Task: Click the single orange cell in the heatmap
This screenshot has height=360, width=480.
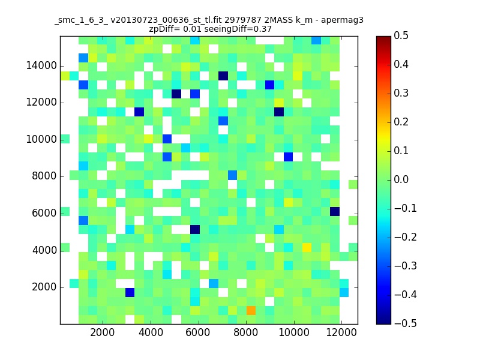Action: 251,310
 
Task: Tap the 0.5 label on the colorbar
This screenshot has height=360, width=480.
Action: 401,35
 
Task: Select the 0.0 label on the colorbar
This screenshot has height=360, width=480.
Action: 401,179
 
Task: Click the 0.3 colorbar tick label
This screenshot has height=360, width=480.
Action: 401,93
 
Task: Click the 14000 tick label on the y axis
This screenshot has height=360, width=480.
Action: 41,65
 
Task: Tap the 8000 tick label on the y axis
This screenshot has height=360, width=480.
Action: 44,176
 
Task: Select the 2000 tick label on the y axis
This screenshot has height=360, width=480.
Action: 44,287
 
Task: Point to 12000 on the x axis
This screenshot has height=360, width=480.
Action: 341,332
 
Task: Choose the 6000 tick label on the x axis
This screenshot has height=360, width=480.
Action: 198,332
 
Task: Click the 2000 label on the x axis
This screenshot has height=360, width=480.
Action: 102,332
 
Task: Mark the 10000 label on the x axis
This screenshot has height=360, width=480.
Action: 294,332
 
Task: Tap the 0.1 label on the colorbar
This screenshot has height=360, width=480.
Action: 401,151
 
